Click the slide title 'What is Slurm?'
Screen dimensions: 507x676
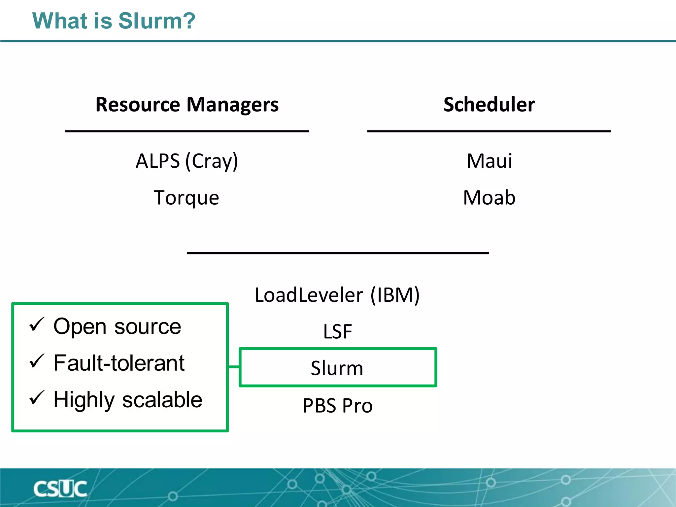(x=114, y=21)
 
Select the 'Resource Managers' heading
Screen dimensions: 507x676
(x=187, y=105)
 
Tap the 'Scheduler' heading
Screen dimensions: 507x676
(x=489, y=105)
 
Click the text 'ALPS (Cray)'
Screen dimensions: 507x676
(x=187, y=161)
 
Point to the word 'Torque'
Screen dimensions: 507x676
(x=186, y=198)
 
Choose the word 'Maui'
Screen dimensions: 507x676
(x=489, y=161)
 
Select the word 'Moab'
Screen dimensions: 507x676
(x=489, y=198)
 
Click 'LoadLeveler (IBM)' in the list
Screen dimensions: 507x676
(x=337, y=295)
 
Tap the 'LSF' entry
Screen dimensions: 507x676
(x=337, y=331)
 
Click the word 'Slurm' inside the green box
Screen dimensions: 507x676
(x=337, y=368)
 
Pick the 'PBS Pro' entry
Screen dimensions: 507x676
(x=338, y=405)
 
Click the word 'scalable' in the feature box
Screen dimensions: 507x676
(x=162, y=400)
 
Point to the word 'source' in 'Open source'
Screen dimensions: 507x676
(x=148, y=327)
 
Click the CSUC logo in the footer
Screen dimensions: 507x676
(x=60, y=489)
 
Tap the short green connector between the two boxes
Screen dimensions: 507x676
(x=234, y=367)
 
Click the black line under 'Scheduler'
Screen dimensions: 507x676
(x=489, y=131)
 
